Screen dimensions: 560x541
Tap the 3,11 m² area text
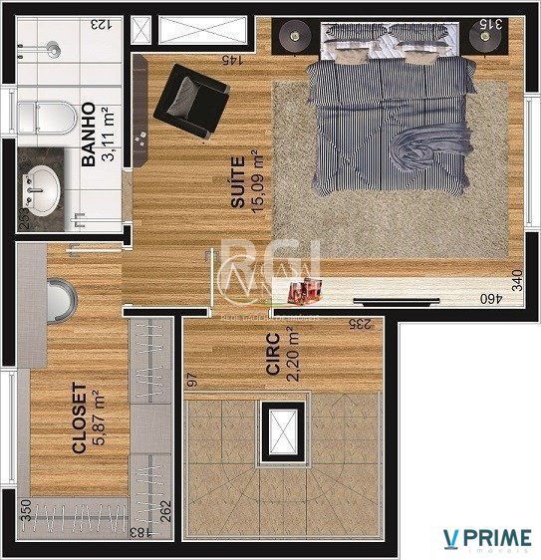[x=107, y=135]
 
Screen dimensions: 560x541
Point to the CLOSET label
[x=80, y=419]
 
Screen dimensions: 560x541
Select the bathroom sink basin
[x=43, y=188]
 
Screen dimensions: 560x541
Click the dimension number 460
[x=490, y=297]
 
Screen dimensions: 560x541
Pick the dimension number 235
[x=359, y=323]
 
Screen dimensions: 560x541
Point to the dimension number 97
[x=193, y=380]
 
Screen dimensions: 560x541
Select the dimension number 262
[x=166, y=508]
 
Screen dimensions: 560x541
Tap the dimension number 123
[x=101, y=24]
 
